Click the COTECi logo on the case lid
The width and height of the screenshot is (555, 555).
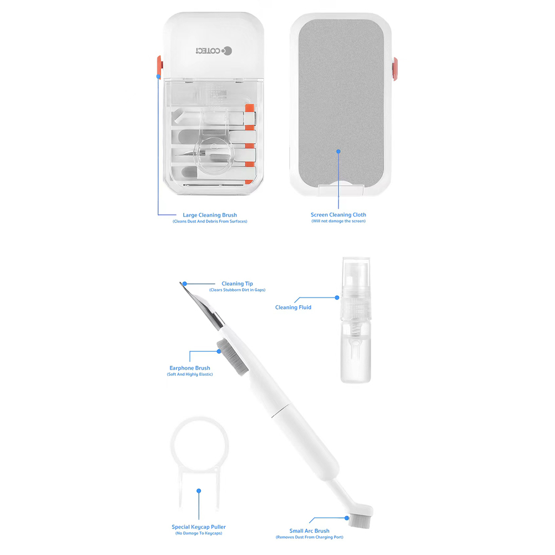[x=214, y=51]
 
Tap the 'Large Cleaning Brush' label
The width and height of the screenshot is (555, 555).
[x=210, y=215]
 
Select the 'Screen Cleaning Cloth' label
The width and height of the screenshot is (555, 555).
[x=339, y=214]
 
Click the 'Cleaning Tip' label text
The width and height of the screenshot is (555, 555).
[x=237, y=284]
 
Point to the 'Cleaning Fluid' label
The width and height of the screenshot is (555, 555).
[x=293, y=307]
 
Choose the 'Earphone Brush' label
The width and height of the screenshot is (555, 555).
[x=190, y=368]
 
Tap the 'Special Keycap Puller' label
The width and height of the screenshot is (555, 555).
[x=199, y=527]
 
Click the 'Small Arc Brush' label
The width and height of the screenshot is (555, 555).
[x=309, y=531]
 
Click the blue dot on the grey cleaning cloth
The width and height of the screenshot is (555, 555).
[x=339, y=152]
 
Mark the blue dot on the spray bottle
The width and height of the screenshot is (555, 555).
[x=337, y=297]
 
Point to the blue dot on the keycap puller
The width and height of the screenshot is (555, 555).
[x=199, y=491]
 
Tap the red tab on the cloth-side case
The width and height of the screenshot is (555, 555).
[x=395, y=69]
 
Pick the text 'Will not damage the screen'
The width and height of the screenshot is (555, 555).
[x=339, y=221]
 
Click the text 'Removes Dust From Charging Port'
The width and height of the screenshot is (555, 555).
[x=309, y=537]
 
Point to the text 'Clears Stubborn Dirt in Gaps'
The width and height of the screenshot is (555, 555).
[x=237, y=290]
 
